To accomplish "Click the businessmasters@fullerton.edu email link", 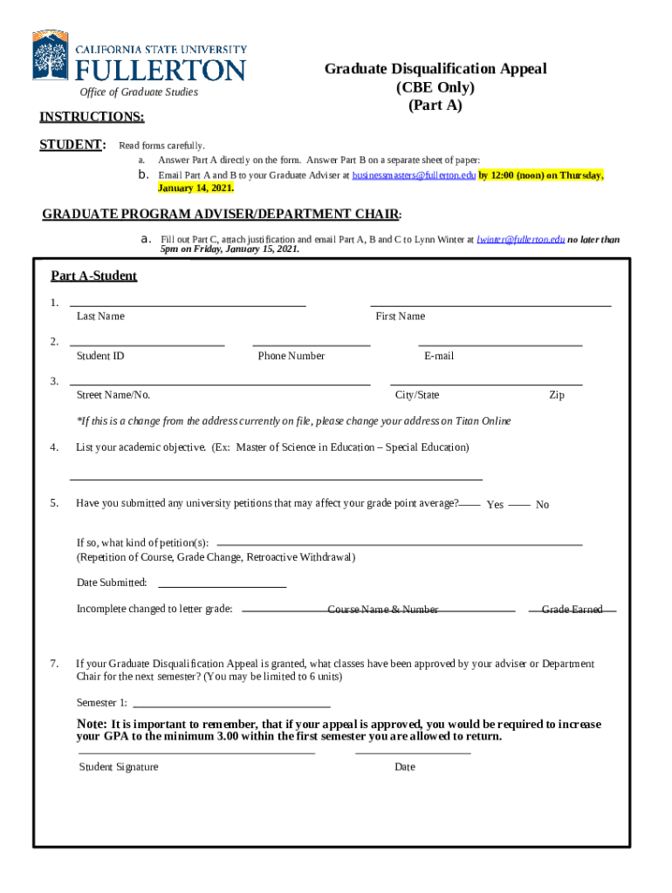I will click(x=414, y=175).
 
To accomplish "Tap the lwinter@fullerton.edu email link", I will click(x=520, y=239).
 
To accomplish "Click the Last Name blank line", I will click(x=188, y=304).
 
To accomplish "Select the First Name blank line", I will click(x=490, y=304).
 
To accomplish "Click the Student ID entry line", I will click(x=147, y=344).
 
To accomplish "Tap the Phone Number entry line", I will click(x=311, y=344).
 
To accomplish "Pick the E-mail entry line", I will click(x=500, y=344).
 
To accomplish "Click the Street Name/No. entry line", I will click(x=219, y=384).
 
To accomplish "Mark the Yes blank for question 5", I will click(x=470, y=504).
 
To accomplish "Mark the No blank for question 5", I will click(x=519, y=504).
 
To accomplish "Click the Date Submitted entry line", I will click(x=222, y=587).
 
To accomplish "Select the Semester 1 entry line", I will click(x=231, y=705).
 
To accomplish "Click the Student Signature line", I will click(x=196, y=752).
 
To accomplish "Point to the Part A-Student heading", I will click(x=93, y=276).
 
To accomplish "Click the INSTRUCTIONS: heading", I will click(x=92, y=117).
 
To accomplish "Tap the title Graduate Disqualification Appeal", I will click(x=435, y=69).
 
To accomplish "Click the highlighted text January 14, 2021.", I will click(x=195, y=187).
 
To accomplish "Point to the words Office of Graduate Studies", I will click(x=139, y=92).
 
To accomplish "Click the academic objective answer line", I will click(x=276, y=479).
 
